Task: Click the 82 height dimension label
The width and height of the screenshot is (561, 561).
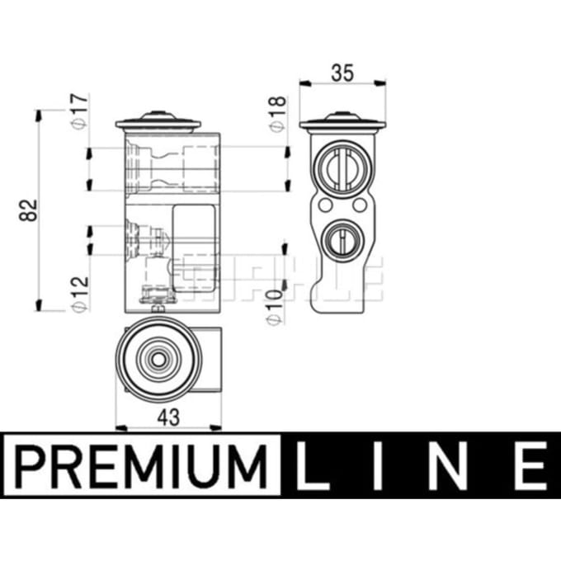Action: [x=29, y=210]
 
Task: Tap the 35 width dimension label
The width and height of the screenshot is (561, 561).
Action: [x=342, y=73]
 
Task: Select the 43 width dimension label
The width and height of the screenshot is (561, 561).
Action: [x=168, y=417]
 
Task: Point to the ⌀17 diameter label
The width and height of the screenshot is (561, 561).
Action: [x=79, y=111]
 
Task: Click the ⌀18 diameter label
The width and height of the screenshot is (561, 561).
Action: [x=278, y=114]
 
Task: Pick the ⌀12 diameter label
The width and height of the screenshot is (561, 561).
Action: [x=79, y=294]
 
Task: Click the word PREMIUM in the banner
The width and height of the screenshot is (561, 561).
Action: [x=140, y=467]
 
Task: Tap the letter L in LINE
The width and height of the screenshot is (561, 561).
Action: [x=312, y=466]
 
